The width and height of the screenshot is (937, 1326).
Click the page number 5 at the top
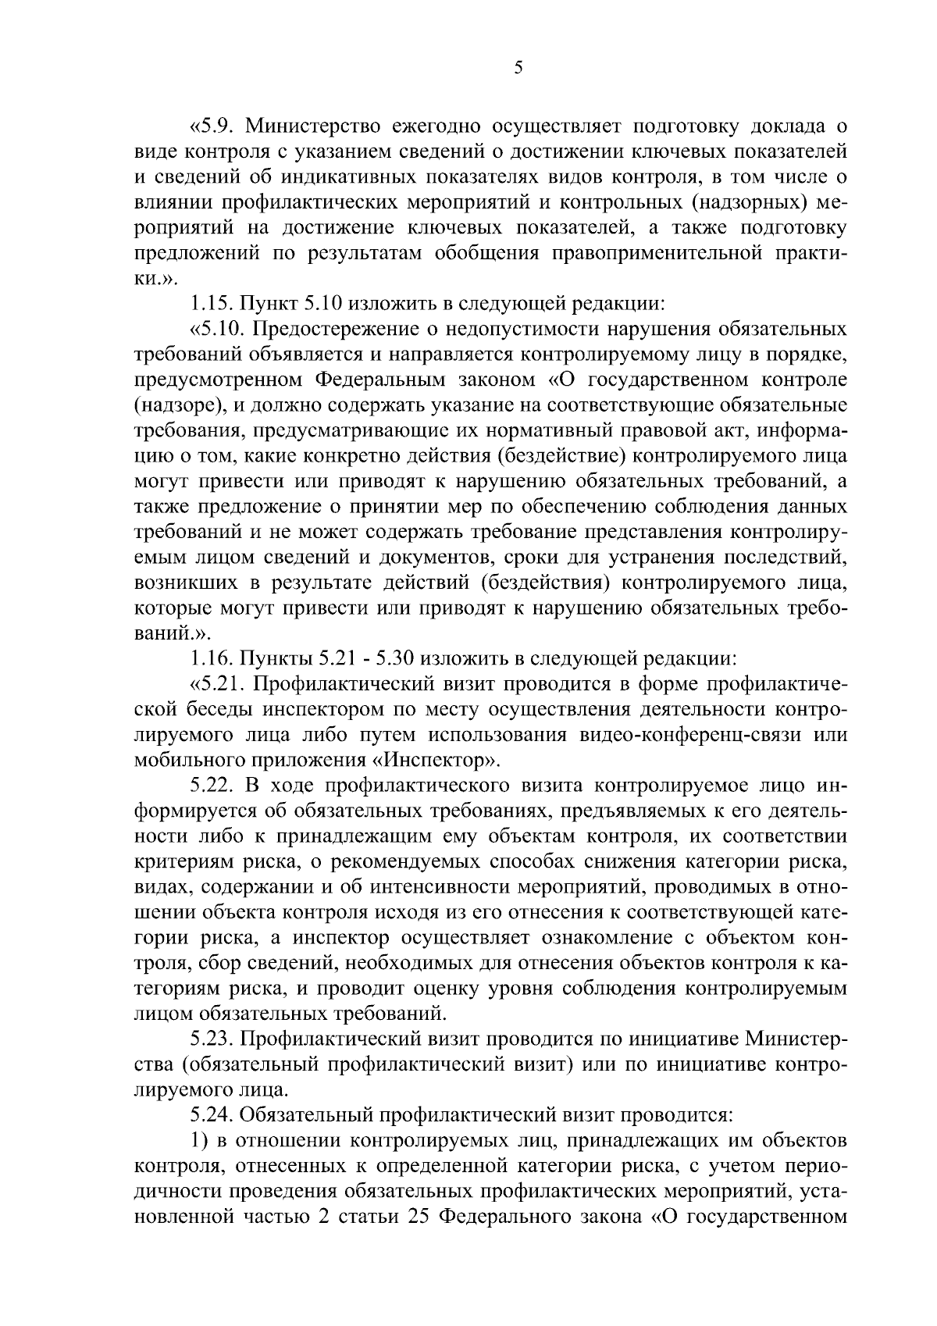tap(518, 68)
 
